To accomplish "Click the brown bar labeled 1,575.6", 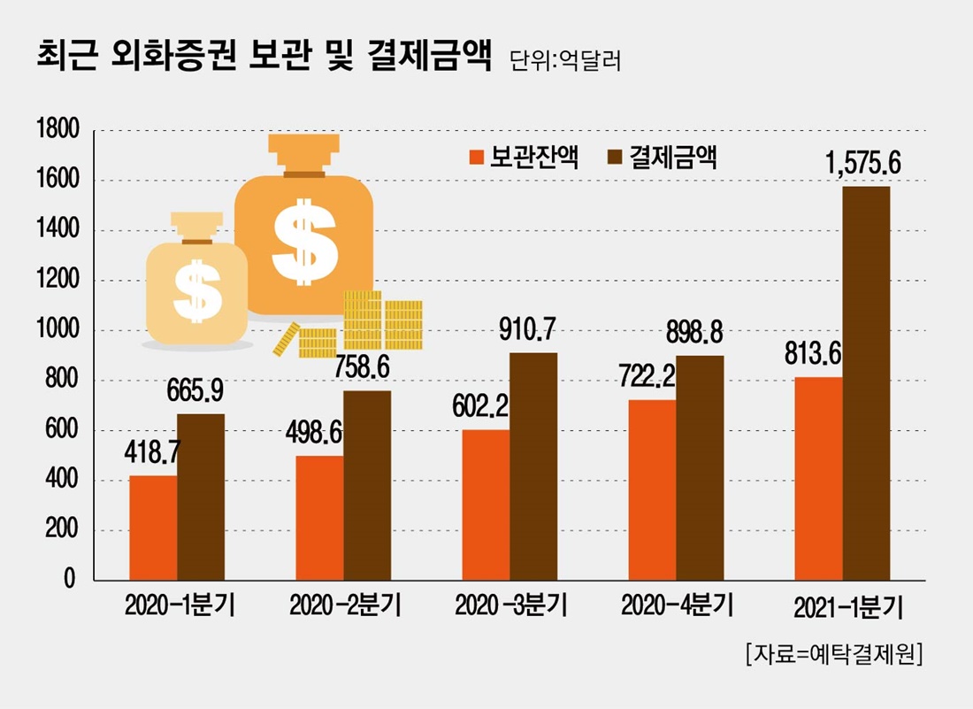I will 866,383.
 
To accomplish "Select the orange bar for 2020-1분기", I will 153,528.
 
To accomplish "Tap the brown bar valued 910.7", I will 533,466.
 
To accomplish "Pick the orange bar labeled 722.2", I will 652,489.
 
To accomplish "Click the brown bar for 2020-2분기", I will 367,485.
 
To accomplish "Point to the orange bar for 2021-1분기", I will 818,479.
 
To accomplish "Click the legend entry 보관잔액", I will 525,158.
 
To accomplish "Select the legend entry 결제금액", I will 663,158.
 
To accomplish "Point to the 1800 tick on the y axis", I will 58,131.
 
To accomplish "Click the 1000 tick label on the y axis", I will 58,331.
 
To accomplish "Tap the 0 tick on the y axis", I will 68,581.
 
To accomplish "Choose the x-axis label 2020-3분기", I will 510,606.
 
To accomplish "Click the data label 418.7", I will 153,453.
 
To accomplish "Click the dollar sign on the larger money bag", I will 303,241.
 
